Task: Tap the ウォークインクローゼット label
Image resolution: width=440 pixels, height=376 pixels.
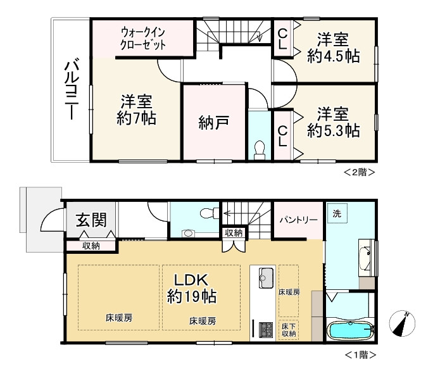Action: pyautogui.click(x=143, y=38)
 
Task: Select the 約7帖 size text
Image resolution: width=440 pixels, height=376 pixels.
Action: pyautogui.click(x=136, y=117)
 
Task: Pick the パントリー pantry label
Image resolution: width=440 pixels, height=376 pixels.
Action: pyautogui.click(x=298, y=220)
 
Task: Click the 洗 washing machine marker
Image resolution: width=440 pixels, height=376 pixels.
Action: pyautogui.click(x=337, y=214)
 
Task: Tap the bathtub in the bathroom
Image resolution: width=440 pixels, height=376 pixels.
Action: pyautogui.click(x=350, y=330)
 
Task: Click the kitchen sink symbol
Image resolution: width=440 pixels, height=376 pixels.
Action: pyautogui.click(x=265, y=276)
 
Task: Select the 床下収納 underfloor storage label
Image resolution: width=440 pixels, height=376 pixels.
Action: pyautogui.click(x=289, y=329)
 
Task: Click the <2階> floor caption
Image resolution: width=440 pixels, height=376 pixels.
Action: pyautogui.click(x=360, y=172)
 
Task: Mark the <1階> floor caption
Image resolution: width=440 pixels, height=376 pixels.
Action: pyautogui.click(x=360, y=355)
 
